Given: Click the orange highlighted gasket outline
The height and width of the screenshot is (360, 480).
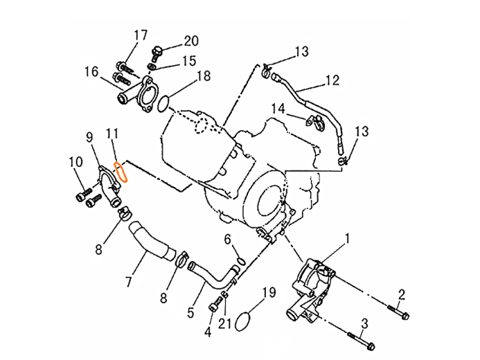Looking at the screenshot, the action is click(121, 172).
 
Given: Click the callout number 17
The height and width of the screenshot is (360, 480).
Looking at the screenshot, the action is click(141, 35).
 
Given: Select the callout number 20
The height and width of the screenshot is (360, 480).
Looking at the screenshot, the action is click(190, 41).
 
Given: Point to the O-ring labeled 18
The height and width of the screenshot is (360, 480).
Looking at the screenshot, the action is click(163, 104).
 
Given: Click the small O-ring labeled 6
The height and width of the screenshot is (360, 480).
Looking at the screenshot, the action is click(241, 261).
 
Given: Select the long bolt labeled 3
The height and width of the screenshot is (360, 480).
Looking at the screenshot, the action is click(362, 341).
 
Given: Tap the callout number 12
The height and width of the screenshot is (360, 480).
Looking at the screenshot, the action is click(332, 80).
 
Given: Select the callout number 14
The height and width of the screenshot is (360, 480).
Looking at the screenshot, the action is click(278, 109).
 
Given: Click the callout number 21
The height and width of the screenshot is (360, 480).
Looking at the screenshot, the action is click(224, 323).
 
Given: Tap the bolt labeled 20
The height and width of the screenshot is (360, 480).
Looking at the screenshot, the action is click(157, 54).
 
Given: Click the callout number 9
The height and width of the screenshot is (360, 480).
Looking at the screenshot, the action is click(89, 137).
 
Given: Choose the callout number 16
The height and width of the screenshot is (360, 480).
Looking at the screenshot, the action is click(91, 72).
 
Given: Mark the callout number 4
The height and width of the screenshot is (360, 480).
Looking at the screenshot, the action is click(208, 332).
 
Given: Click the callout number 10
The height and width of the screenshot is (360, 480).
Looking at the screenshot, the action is click(75, 162).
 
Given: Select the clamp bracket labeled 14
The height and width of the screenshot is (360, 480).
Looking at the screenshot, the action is click(314, 121).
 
